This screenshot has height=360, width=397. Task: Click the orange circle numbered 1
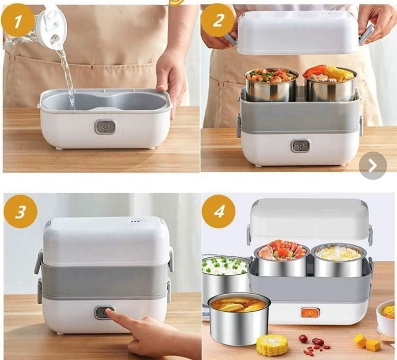pos(17,21)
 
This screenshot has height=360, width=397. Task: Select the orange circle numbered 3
pos(21,211)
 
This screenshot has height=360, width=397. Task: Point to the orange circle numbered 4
pos(219,211)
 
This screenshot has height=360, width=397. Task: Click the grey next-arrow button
pos(373,166)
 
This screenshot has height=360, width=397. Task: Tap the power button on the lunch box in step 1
pos(105,127)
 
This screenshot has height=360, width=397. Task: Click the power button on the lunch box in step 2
pos(301,146)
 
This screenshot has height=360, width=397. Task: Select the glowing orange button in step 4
pos(310,313)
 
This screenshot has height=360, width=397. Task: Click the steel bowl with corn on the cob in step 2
pos(330,84)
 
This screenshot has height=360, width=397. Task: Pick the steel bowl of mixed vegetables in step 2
pos(271,85)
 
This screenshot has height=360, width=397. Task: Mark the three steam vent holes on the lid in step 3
pos(134,221)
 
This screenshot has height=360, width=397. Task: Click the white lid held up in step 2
pos(298,32)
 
